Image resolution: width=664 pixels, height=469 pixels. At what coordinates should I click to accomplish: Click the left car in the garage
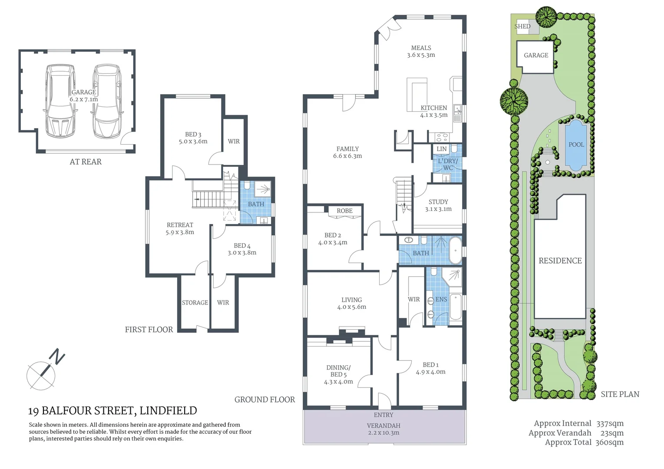[x=60, y=101]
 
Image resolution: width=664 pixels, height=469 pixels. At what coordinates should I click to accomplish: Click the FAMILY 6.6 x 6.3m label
[x=347, y=152]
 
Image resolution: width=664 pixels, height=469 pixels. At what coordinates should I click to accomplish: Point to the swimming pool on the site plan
[x=576, y=145]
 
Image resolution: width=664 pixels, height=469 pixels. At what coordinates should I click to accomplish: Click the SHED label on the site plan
[x=522, y=26]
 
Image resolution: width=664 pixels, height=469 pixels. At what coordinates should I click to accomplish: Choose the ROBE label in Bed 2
[x=344, y=211]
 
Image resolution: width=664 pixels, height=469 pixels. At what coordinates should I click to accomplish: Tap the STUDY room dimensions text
[x=438, y=209]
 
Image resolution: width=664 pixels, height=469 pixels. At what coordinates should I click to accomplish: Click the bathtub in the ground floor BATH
[x=455, y=250]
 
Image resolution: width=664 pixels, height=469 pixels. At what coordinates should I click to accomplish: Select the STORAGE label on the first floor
[x=195, y=303]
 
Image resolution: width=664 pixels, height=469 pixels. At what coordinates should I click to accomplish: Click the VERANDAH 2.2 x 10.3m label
[x=383, y=429]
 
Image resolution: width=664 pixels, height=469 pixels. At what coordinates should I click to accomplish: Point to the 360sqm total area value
[x=609, y=443]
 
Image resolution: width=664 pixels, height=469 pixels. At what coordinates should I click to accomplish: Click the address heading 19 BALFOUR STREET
[x=112, y=411]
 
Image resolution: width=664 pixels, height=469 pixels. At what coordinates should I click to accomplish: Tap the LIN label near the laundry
[x=442, y=149]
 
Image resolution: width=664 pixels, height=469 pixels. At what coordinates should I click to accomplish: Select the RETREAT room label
[x=180, y=228]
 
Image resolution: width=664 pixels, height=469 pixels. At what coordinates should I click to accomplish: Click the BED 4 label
[x=242, y=249]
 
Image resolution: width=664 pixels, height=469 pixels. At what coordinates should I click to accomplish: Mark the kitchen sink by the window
[x=457, y=113]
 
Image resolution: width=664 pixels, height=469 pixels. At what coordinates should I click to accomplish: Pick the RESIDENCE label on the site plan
[x=560, y=261]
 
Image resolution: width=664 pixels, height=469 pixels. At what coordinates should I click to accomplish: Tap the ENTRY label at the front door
[x=383, y=415]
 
